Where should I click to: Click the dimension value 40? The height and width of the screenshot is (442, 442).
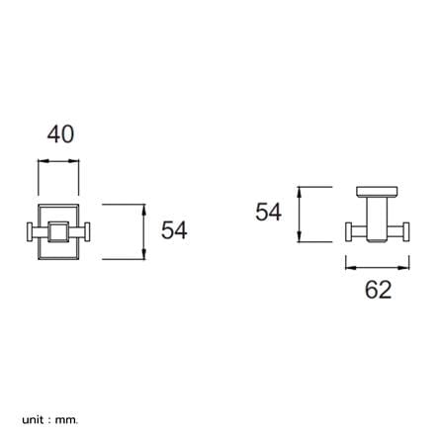pos(60,134)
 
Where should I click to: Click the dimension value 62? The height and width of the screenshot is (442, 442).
pos(378,290)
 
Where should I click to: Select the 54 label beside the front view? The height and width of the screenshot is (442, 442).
pos(174,230)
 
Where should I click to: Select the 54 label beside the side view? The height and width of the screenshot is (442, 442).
pos(269,212)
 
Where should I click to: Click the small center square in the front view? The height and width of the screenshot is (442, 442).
pos(58,231)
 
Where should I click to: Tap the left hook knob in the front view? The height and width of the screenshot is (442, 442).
pos(29,232)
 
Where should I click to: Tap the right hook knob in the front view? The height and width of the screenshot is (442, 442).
pos(88,232)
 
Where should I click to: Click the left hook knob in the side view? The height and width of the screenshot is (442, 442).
pos(348,231)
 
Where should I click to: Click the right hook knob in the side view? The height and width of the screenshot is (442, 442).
pos(406,231)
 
